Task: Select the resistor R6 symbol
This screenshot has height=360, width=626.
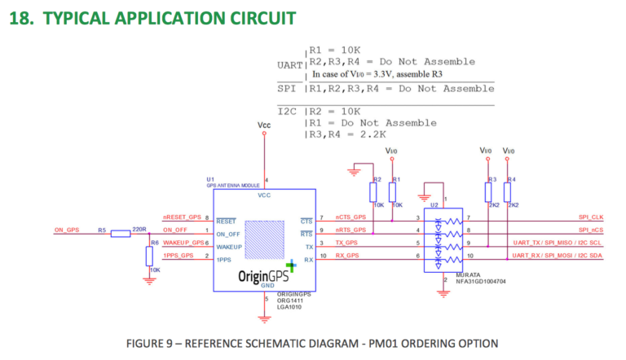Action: (149, 256)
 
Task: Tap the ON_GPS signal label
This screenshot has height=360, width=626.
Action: (68, 229)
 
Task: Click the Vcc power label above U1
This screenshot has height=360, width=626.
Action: (263, 125)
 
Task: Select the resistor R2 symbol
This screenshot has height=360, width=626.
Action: (373, 192)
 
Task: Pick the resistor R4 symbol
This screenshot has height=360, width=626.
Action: (508, 192)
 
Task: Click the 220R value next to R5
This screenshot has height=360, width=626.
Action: (139, 229)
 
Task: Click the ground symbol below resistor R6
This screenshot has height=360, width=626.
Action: (149, 279)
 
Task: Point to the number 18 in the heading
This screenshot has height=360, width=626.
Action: (20, 17)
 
